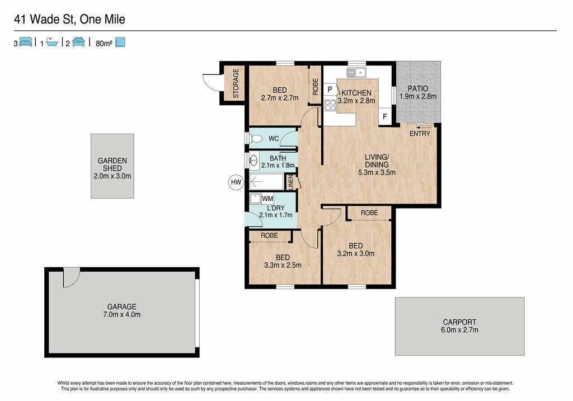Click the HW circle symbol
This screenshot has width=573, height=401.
coord(236,182)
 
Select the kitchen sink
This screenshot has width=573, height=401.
coord(356,73)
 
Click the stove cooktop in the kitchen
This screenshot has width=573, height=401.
coord(330,105)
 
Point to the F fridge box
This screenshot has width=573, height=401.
coord(385,117)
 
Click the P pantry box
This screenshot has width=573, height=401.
coord(330,89)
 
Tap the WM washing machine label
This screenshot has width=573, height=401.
coord(267,199)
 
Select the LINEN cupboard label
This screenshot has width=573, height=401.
coord(291,182)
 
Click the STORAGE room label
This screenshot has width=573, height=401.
coord(236,83)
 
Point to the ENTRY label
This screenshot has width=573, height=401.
coord(420,134)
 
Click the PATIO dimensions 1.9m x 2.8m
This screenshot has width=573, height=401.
coord(418,96)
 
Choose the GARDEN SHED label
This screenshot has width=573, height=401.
coord(112,164)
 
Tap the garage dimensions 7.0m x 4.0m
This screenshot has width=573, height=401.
coord(121,314)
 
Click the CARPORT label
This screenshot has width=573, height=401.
coord(459,322)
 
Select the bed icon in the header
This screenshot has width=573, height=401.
coord(26,42)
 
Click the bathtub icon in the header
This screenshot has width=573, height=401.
coord(52,43)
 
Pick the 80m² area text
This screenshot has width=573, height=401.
coord(104,43)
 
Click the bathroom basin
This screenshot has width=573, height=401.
coord(253,160)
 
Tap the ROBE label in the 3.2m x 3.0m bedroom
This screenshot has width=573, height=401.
coord(369,213)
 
